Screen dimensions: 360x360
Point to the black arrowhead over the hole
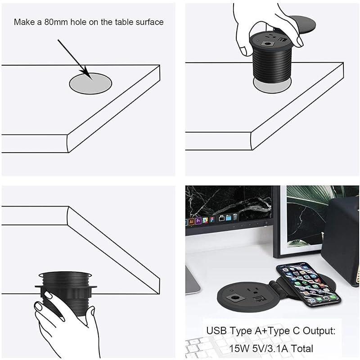(88, 73)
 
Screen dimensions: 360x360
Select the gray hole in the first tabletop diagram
(90, 83)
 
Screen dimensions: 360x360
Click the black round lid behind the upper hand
(302, 24)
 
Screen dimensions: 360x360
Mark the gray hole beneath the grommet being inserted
(272, 87)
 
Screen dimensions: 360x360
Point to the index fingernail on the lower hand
(49, 295)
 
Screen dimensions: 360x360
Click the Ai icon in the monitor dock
(191, 221)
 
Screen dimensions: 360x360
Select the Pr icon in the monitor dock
(198, 221)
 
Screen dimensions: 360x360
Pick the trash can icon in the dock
(235, 217)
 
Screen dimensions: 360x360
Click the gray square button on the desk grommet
(234, 298)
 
